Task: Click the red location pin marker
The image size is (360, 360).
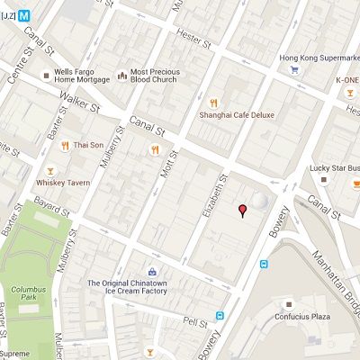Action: tap(241, 211)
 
